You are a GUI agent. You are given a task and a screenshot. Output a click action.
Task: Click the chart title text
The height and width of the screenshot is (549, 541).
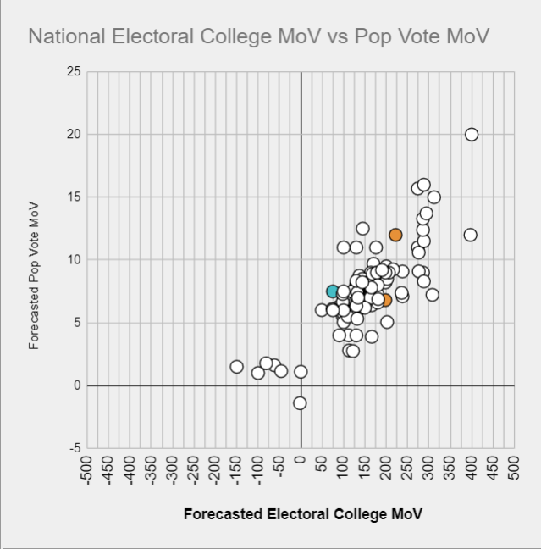coord(259,36)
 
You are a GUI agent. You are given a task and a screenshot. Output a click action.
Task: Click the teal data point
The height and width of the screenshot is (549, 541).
coord(333,291)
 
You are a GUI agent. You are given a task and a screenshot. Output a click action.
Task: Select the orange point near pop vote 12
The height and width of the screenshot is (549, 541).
coord(395,235)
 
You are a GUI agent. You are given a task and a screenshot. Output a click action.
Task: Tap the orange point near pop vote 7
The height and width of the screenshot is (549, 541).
coord(385,300)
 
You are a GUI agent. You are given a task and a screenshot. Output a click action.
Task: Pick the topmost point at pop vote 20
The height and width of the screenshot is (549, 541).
coord(472,134)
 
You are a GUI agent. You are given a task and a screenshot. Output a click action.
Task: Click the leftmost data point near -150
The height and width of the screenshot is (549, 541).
coord(237,367)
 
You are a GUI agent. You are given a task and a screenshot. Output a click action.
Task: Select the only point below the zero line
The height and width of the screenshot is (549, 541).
coord(300,403)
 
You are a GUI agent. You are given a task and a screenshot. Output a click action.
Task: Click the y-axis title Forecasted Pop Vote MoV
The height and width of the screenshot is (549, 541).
coord(35,274)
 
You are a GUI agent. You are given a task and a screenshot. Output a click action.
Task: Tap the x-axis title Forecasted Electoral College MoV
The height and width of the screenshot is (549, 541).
coord(302,514)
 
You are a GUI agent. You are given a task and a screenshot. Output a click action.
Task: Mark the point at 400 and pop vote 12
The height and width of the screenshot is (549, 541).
coord(471,235)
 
